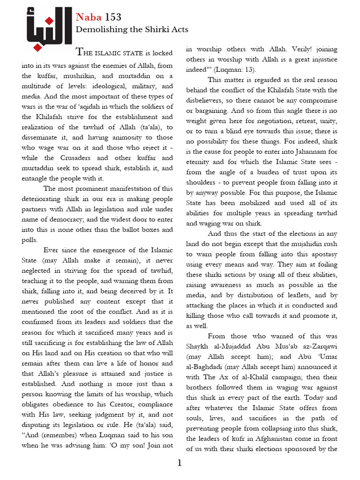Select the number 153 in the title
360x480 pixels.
pyautogui.click(x=113, y=18)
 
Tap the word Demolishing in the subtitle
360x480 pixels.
pyautogui.click(x=98, y=30)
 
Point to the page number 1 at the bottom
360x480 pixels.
pyautogui.click(x=180, y=464)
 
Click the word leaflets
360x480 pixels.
pyautogui.click(x=301, y=295)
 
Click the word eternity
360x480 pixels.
pyautogui.click(x=201, y=162)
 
